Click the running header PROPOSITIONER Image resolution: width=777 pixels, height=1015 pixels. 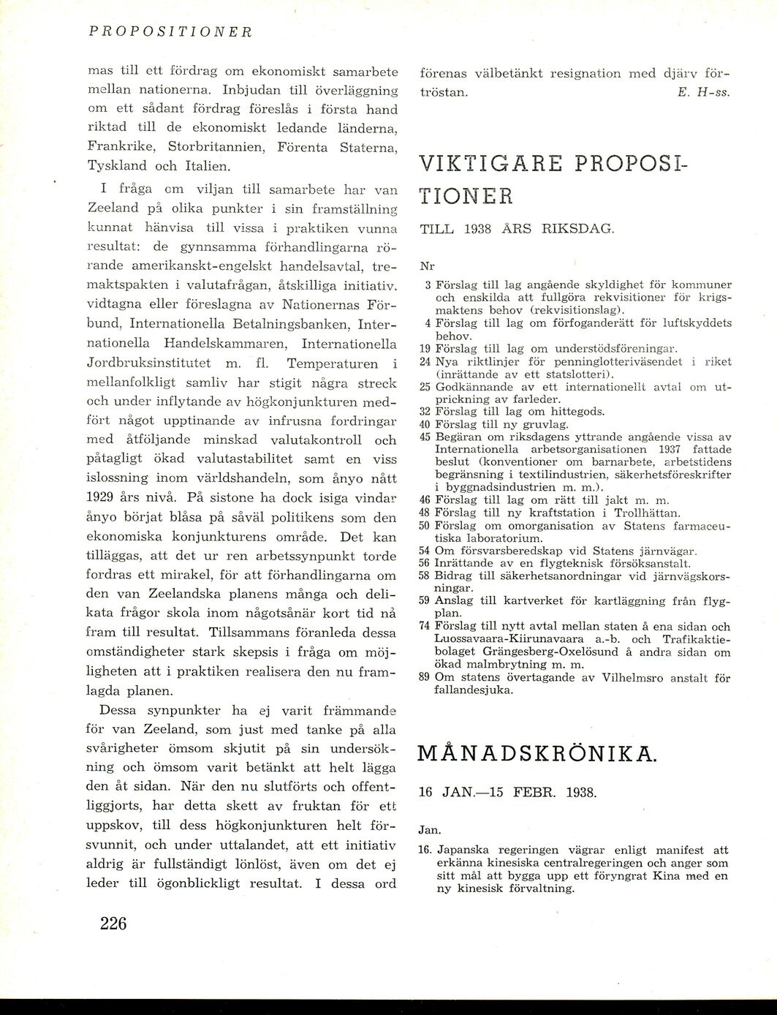coord(170,32)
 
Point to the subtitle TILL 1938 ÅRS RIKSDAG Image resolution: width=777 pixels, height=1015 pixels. coord(518,229)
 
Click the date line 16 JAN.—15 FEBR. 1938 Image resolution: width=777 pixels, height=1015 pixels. coord(508,792)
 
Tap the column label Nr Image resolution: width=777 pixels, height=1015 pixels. coord(427,266)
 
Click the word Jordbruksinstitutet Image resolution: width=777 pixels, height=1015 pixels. coord(150,363)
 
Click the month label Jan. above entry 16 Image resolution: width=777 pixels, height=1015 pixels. coord(429,830)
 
